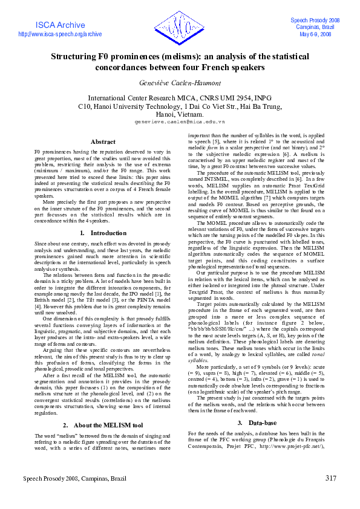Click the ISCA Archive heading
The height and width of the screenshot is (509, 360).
[x=61, y=25]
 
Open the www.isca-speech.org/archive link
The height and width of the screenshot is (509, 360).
[x=61, y=34]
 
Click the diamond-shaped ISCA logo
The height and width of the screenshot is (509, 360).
[x=180, y=28]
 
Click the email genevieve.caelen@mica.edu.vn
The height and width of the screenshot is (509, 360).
[x=180, y=122]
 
